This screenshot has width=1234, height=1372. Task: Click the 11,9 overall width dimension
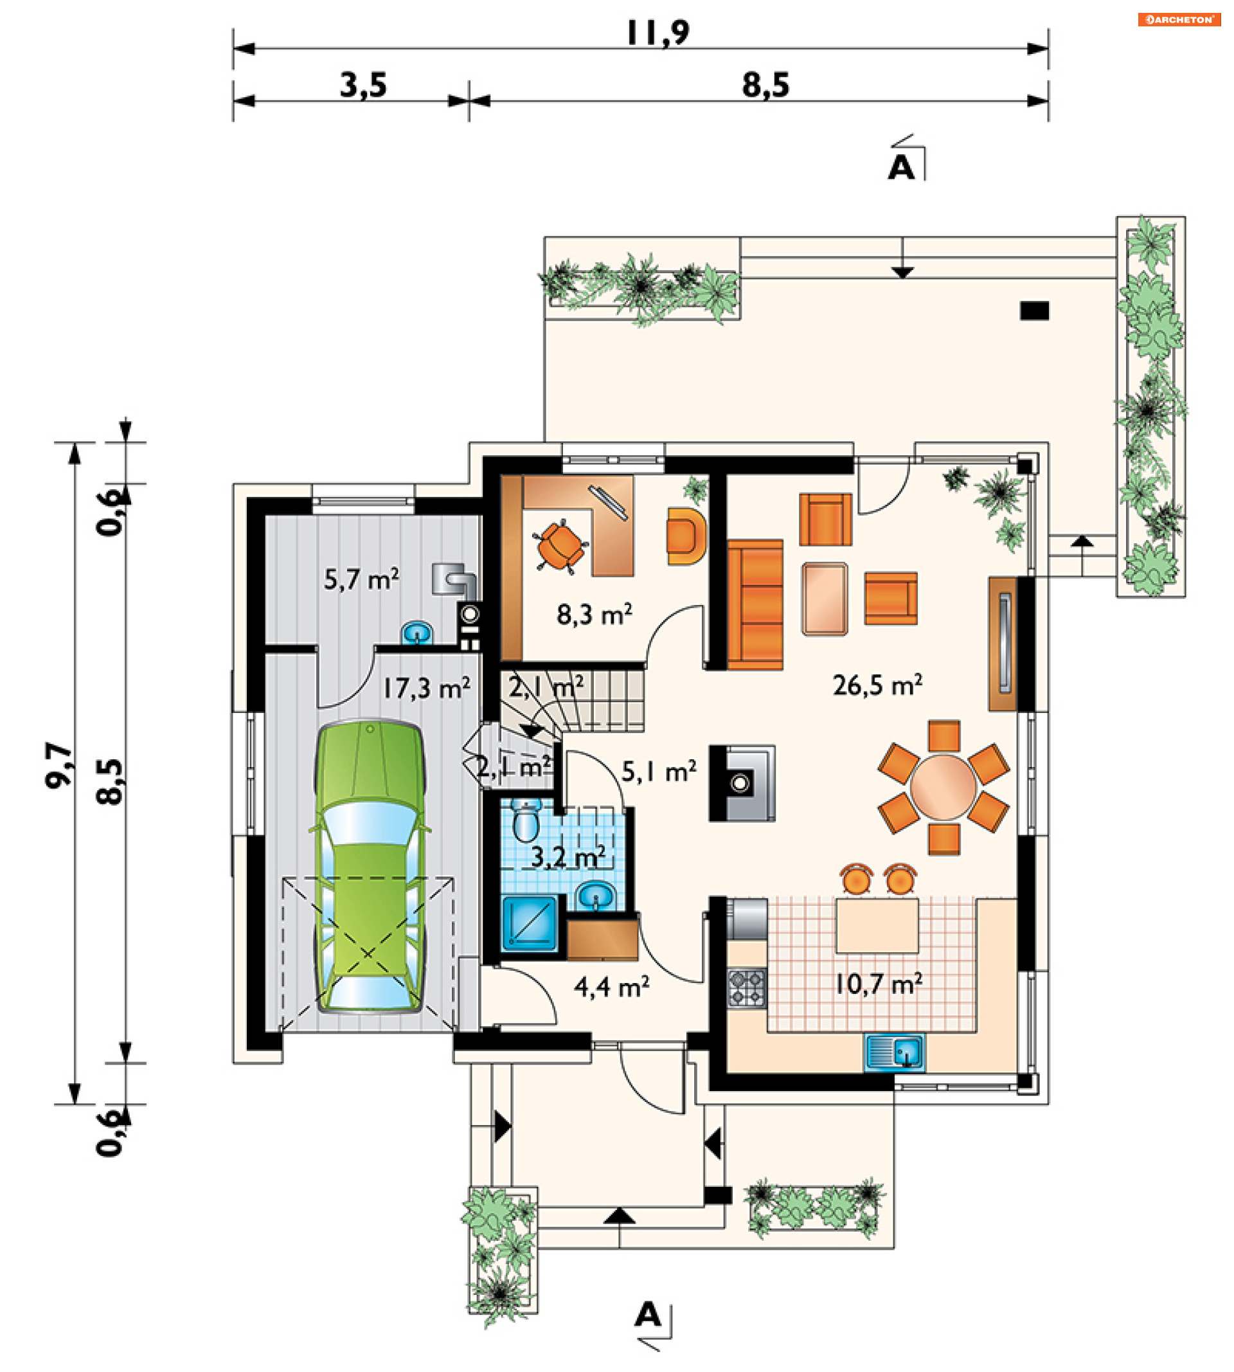click(x=657, y=32)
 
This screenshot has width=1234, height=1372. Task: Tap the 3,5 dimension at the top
click(x=362, y=86)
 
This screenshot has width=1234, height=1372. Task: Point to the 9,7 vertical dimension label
click(x=58, y=766)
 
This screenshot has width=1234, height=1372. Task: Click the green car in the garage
click(x=370, y=869)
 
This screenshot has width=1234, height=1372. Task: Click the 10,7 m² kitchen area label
click(x=878, y=984)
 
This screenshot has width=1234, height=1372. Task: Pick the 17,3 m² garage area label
click(x=427, y=689)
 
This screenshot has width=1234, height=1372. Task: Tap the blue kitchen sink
click(x=894, y=1053)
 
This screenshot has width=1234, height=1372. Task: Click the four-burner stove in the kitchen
click(x=747, y=988)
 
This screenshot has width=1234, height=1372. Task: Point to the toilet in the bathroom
click(x=526, y=820)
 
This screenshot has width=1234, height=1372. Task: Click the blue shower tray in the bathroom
click(x=530, y=923)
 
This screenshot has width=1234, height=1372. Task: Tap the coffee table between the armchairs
click(x=825, y=599)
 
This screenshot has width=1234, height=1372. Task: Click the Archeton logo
click(x=1179, y=20)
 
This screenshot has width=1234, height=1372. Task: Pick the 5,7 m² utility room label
click(x=361, y=580)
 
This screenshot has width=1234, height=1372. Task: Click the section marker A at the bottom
click(x=647, y=1315)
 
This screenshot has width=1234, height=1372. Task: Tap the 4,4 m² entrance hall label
click(x=612, y=988)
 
